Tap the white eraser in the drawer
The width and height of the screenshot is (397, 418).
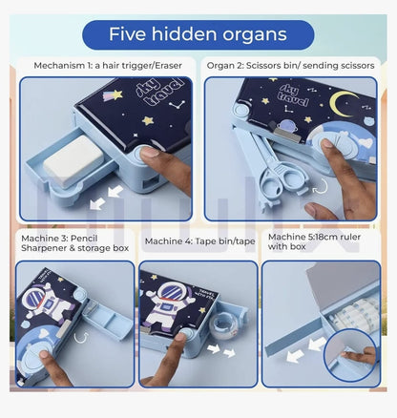click(73, 161)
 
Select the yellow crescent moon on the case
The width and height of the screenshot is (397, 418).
click(343, 104)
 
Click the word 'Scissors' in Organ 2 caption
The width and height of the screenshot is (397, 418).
click(261, 66)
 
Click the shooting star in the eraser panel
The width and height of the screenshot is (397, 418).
click(113, 94)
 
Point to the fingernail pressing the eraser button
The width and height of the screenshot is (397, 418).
click(150, 152)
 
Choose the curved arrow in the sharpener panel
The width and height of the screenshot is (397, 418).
click(81, 338)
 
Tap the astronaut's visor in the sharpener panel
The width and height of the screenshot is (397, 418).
click(35, 298)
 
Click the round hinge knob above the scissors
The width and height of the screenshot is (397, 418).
click(240, 111)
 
